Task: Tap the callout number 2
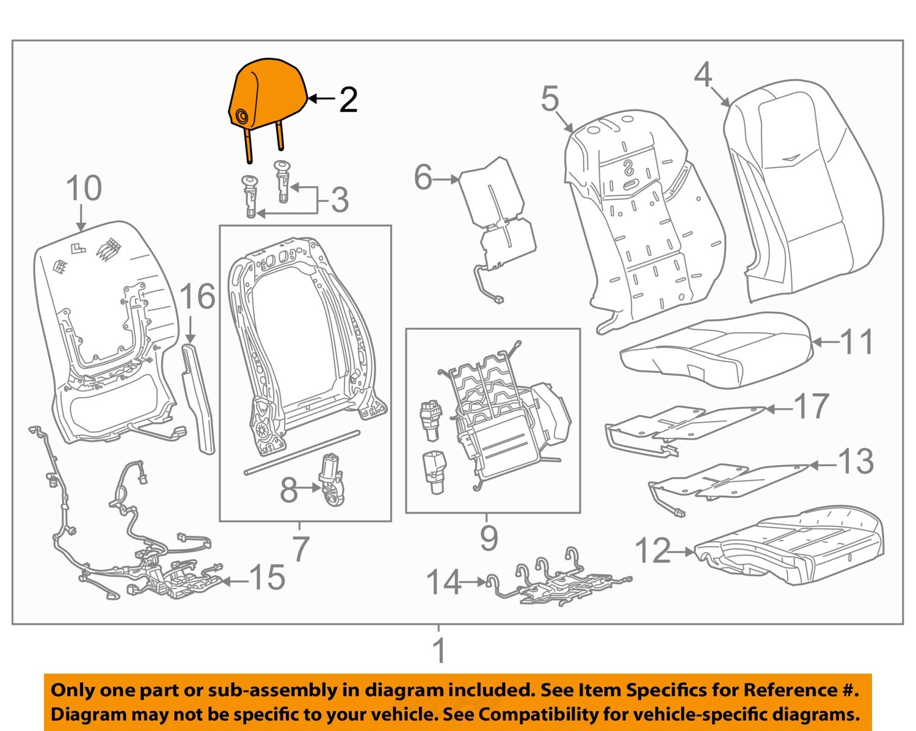[348, 100]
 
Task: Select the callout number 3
[340, 200]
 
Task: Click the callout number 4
[703, 75]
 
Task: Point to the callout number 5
[550, 98]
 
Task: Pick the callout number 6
[423, 178]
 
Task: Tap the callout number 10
[84, 188]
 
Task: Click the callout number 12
[653, 551]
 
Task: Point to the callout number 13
[855, 462]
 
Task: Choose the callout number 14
[443, 583]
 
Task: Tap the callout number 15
[267, 578]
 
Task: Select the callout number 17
[811, 407]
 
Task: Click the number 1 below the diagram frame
[439, 651]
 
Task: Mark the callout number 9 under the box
[489, 538]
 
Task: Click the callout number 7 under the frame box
[300, 548]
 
